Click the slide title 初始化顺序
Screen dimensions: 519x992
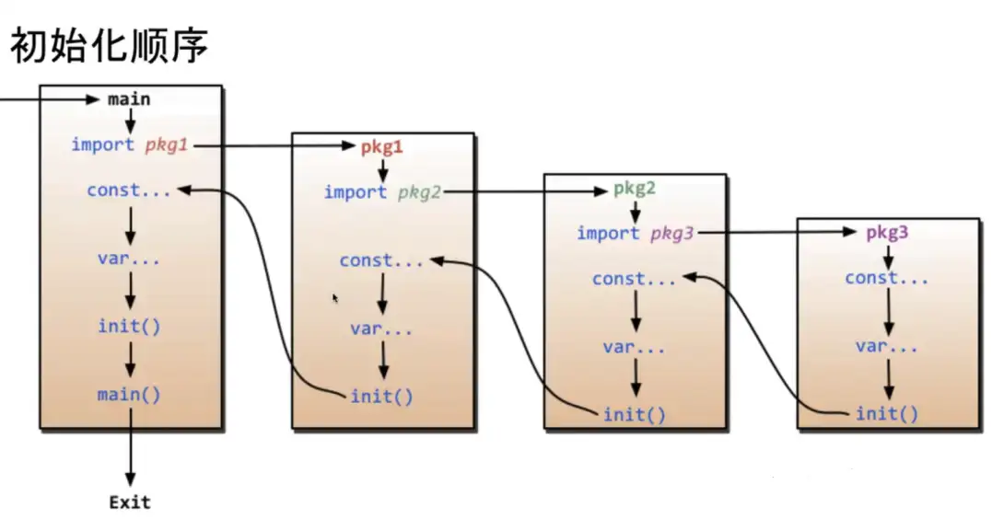coord(109,45)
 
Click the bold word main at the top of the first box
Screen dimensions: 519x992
coord(129,98)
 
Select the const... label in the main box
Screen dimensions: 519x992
coord(128,190)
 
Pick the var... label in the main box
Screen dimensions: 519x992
coord(129,258)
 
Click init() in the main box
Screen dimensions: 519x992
coord(129,326)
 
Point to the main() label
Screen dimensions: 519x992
coord(129,395)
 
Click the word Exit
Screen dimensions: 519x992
coord(129,502)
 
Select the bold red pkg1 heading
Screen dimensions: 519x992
coord(381,146)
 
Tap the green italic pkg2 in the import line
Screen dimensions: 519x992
coord(420,192)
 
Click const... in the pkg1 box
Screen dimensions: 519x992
coord(381,260)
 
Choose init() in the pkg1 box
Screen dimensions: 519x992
coord(381,397)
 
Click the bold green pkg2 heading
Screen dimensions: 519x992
coord(635,189)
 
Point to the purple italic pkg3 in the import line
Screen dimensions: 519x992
coord(672,234)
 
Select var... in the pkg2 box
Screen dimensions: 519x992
coord(634,347)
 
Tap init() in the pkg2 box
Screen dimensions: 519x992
coord(634,414)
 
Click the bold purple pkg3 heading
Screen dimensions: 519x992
coord(887,233)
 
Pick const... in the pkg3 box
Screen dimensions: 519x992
coord(886,278)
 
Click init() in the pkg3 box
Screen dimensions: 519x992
coord(886,414)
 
